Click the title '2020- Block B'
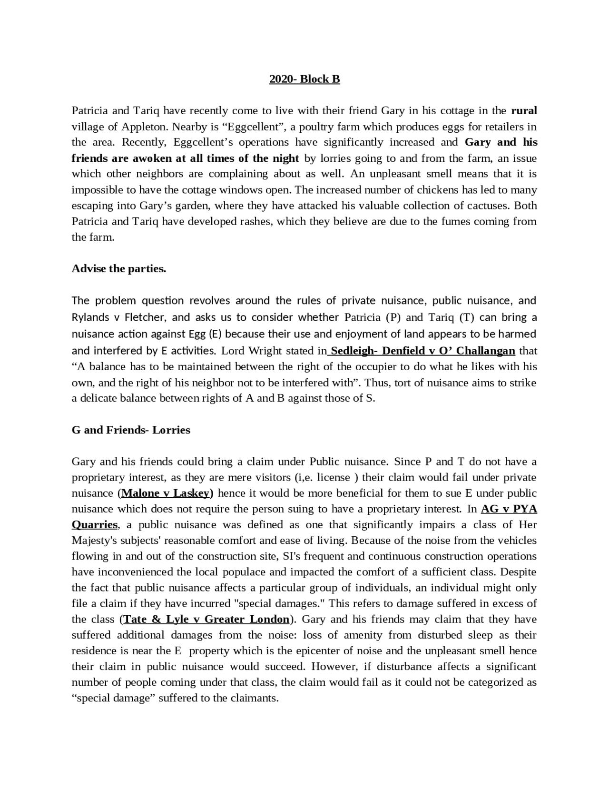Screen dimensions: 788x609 coord(304,79)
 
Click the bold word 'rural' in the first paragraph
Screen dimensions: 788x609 coord(524,111)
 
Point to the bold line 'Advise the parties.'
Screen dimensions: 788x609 coord(119,269)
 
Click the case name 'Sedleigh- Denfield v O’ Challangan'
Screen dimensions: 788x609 coord(422,351)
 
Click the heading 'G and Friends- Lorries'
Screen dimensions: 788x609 coord(131,430)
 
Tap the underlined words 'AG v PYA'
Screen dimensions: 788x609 coord(509,509)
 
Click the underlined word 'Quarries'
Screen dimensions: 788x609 coord(95,525)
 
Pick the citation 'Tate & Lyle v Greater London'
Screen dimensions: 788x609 coord(206,620)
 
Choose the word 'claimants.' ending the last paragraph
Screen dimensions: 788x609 coord(255,699)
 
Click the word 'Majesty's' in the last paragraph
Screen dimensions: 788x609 coord(94,541)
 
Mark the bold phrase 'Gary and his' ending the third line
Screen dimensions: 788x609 coord(501,142)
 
